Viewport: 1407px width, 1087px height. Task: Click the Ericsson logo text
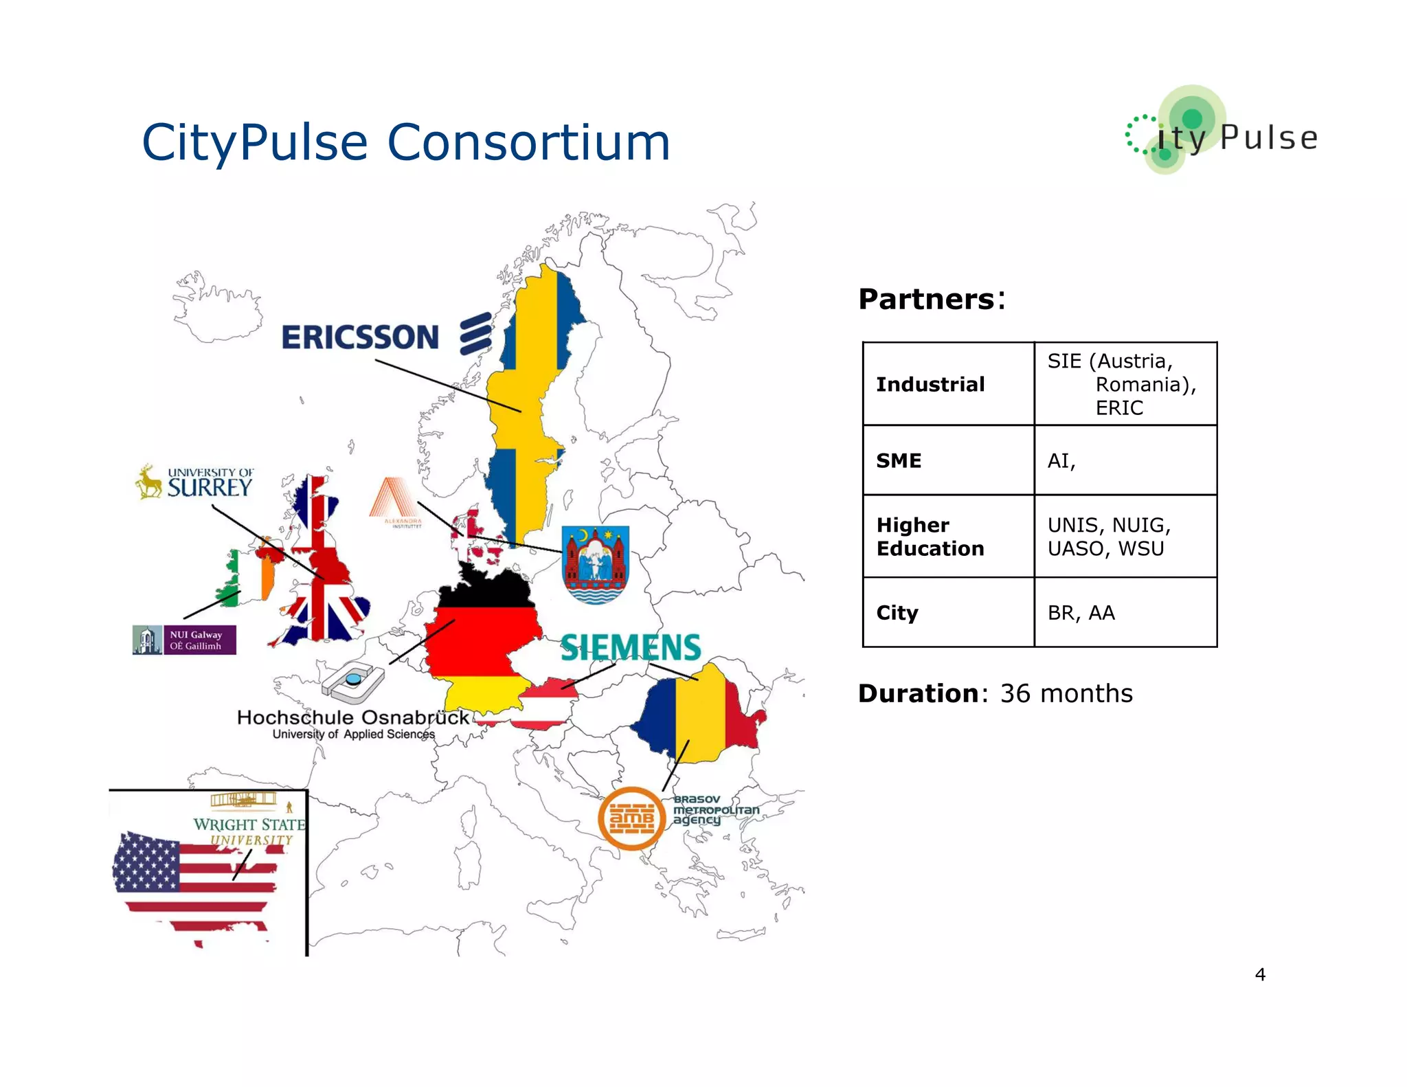point(360,337)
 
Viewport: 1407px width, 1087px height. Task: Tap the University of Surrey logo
point(195,482)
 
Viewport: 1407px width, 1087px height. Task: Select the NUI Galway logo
point(184,640)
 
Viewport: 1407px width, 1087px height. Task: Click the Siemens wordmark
point(631,648)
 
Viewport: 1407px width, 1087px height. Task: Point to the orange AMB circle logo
point(631,818)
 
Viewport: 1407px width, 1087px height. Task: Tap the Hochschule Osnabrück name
point(352,718)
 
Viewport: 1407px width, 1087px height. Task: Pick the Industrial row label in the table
point(930,384)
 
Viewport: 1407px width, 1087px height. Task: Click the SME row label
point(899,460)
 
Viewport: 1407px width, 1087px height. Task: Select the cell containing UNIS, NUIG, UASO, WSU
point(1125,537)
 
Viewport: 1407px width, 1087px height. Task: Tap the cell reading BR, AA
point(1125,612)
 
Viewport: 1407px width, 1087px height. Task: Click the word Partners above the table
point(926,300)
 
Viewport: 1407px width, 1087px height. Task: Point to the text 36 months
point(1066,693)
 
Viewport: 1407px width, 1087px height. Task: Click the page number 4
point(1260,974)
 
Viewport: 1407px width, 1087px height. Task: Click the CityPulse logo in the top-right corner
point(1222,131)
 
